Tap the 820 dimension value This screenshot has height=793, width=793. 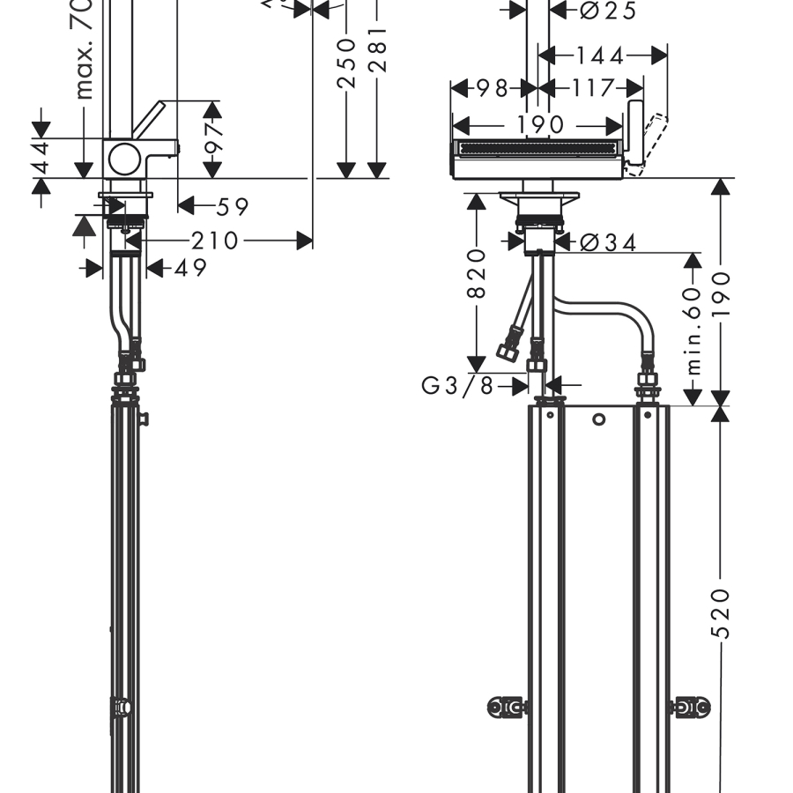point(476,273)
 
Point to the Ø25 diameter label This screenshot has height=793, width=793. point(609,11)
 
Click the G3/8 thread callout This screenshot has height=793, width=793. point(458,385)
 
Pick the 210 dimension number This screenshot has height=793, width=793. point(215,240)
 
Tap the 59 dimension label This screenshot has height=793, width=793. point(233,207)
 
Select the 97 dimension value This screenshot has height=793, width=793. point(213,139)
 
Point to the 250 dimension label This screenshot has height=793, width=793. point(346,63)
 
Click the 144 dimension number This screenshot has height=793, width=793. point(600,56)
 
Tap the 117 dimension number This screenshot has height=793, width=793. point(591,89)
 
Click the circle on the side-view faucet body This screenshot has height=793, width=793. point(122,159)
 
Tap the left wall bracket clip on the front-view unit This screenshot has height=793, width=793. point(508,706)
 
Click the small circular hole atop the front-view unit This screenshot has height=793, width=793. point(598,419)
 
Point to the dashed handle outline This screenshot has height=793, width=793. point(654,139)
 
